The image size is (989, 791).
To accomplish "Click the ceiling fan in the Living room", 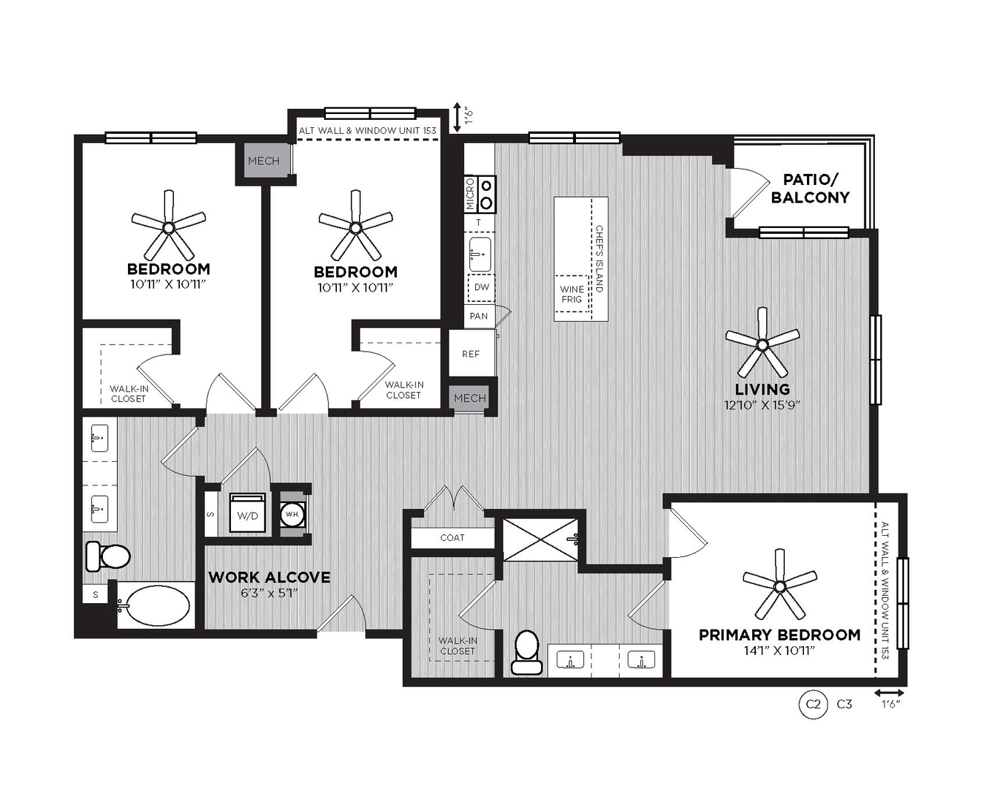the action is coord(762,344).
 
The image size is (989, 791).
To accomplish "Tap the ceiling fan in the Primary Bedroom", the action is coord(780,586).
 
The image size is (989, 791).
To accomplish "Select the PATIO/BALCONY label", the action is coord(811,189).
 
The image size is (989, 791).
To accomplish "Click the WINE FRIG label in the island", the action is coord(571,294).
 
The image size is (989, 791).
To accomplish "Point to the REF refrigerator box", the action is coord(471,354).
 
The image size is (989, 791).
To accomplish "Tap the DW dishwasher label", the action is coord(482,287).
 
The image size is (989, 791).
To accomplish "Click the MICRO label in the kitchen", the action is coord(469,194).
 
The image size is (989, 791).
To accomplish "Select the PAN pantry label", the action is coord(478,316).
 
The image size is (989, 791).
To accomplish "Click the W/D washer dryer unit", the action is coord(248,513).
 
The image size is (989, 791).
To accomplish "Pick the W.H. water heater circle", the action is coord(292,514).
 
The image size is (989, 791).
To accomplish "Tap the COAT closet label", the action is coord(452,537).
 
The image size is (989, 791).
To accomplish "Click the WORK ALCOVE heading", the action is coord(269,577).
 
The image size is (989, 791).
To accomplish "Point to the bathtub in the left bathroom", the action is coord(155,605).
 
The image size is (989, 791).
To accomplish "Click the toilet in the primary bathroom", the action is coord(526,653).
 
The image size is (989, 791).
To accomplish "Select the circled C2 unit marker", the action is coord(814,704).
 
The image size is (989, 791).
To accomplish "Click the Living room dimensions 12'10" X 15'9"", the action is coord(762,405).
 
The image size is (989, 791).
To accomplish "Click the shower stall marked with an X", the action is coord(540,539).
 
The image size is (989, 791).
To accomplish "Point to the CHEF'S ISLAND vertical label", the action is coord(599,259).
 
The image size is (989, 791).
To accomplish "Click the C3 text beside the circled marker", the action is coord(845,704).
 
